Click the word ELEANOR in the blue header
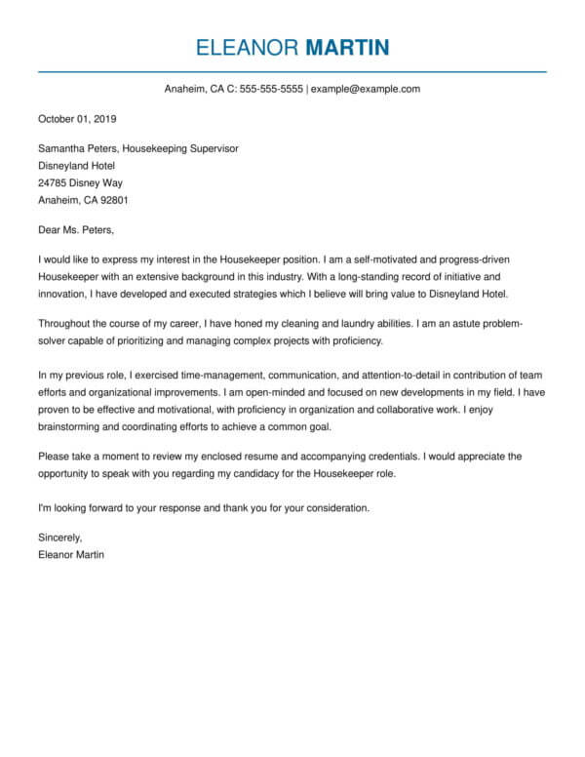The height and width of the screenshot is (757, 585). [x=247, y=47]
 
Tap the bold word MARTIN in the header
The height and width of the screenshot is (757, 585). [x=347, y=47]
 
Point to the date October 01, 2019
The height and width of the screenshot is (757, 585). [x=77, y=119]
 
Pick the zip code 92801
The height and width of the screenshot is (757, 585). [x=111, y=200]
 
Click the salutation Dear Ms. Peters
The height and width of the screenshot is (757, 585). [x=76, y=231]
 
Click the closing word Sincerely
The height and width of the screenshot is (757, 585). [x=60, y=538]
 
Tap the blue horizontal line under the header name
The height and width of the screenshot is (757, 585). [x=292, y=71]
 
